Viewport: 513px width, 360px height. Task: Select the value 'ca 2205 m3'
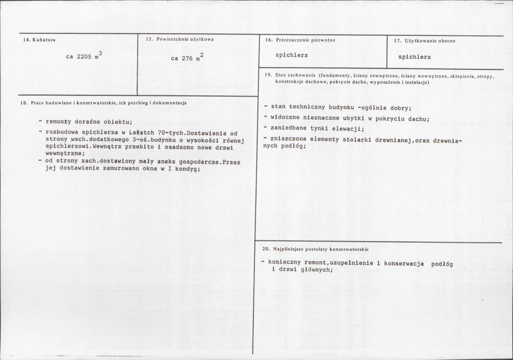click(x=83, y=56)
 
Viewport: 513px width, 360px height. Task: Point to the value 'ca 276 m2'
click(x=187, y=58)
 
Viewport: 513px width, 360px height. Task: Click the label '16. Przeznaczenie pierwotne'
click(x=300, y=40)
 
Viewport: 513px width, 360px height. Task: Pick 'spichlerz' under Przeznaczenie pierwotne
click(x=292, y=55)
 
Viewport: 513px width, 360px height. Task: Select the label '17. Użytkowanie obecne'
click(x=424, y=41)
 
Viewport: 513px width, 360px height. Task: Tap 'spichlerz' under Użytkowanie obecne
click(x=414, y=57)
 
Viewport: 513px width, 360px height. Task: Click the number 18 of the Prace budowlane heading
click(x=24, y=103)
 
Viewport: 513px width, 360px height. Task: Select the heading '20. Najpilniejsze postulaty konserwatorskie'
click(x=315, y=249)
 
